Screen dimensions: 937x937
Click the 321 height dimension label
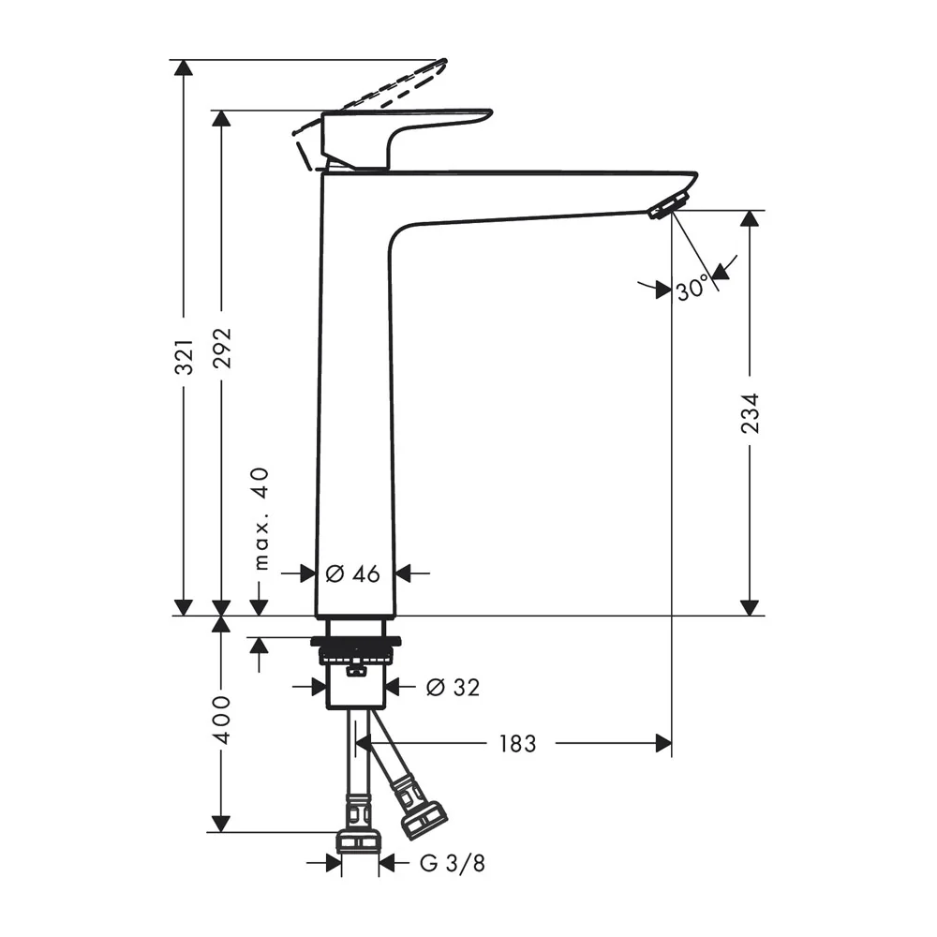click(x=184, y=357)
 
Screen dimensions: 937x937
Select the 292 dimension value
click(x=222, y=349)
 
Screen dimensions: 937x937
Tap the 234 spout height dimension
click(x=750, y=413)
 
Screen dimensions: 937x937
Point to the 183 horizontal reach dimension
click(x=517, y=744)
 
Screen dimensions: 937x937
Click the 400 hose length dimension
click(x=222, y=720)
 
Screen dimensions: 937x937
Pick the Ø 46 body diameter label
click(x=352, y=573)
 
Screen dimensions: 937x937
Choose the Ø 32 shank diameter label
click(x=453, y=687)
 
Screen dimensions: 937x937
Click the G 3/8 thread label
click(x=453, y=863)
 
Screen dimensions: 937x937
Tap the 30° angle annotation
click(x=692, y=290)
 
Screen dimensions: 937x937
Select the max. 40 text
click(x=261, y=519)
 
